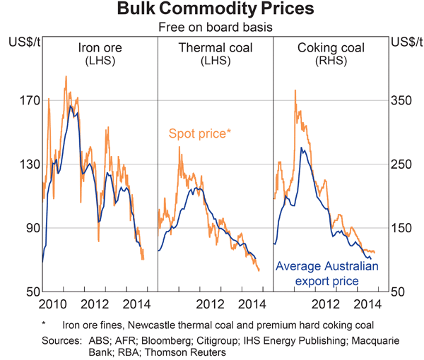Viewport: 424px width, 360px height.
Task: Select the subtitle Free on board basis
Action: (212, 28)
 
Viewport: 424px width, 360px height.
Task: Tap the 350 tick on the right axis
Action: (402, 101)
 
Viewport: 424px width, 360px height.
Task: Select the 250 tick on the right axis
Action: (402, 164)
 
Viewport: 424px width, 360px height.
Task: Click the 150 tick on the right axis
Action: (402, 228)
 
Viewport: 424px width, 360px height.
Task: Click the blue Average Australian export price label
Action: (326, 274)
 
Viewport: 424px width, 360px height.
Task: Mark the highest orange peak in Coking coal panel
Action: (294, 110)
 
